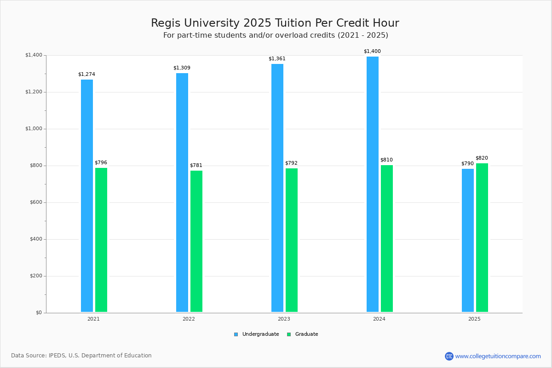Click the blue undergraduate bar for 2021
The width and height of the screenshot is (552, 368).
pyautogui.click(x=87, y=195)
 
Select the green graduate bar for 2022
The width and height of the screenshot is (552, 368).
pyautogui.click(x=196, y=241)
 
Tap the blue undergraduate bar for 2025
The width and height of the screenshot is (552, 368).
pyautogui.click(x=468, y=240)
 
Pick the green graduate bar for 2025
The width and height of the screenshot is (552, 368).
pyautogui.click(x=482, y=237)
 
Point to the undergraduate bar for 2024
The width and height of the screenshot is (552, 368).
pyautogui.click(x=373, y=184)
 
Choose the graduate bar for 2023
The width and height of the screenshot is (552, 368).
pyautogui.click(x=292, y=240)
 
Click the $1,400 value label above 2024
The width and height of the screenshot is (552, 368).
pyautogui.click(x=372, y=52)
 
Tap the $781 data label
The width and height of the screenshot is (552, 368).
pyautogui.click(x=196, y=166)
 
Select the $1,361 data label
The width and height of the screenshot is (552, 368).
pyautogui.click(x=277, y=59)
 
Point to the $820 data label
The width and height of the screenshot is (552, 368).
pyautogui.click(x=482, y=158)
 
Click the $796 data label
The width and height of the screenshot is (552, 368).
pyautogui.click(x=101, y=163)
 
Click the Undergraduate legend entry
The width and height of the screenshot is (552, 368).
pyautogui.click(x=257, y=334)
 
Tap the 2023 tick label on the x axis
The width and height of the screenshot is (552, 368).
pyautogui.click(x=284, y=319)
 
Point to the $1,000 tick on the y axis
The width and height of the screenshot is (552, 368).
pyautogui.click(x=34, y=129)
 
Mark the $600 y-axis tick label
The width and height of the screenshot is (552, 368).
pyautogui.click(x=35, y=202)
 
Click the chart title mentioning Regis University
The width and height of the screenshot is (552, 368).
pyautogui.click(x=275, y=23)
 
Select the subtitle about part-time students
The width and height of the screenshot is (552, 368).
pyautogui.click(x=276, y=35)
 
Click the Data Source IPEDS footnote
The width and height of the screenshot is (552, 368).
pyautogui.click(x=81, y=356)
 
